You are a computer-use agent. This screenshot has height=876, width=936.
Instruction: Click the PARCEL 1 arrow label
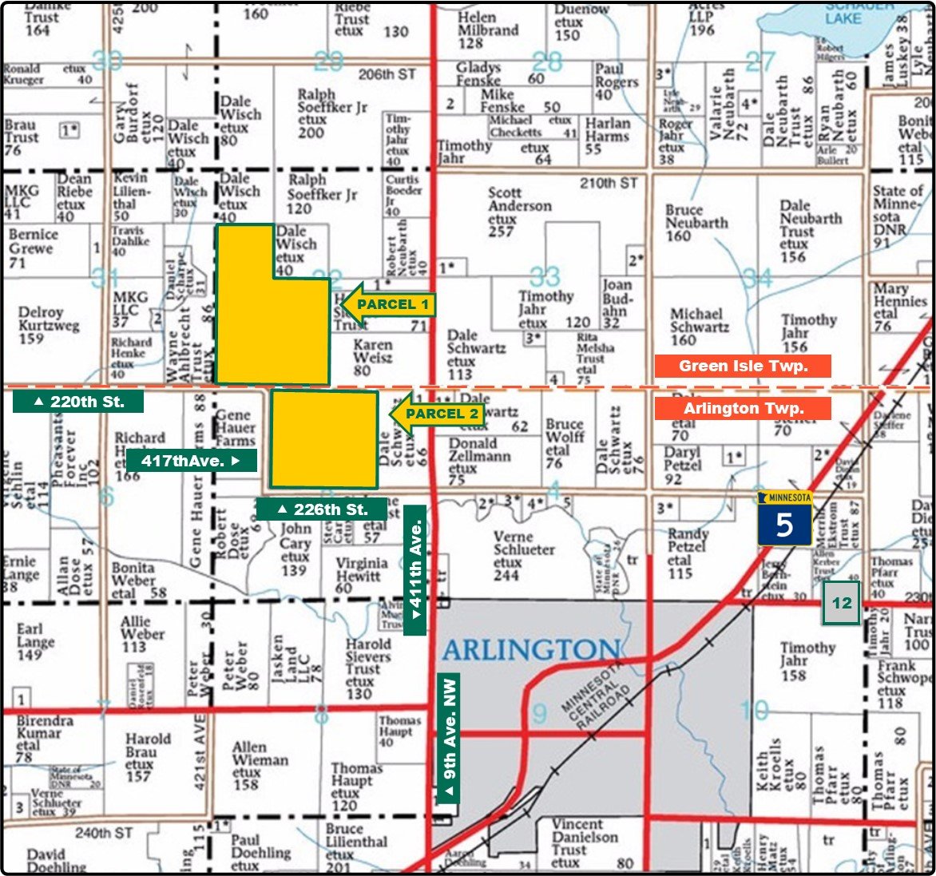(387, 304)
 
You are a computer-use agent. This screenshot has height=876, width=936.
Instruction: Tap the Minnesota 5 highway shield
(785, 519)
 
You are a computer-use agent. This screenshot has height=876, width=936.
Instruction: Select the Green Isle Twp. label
(742, 367)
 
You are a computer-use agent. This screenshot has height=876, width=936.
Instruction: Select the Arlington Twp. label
(742, 408)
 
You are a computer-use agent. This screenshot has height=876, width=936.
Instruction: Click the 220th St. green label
(78, 402)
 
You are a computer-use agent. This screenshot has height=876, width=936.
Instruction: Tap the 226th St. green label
(321, 509)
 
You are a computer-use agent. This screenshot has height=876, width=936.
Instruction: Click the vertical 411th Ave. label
(414, 570)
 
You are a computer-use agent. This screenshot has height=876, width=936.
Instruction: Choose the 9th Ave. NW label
(450, 739)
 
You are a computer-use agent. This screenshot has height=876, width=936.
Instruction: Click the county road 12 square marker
(842, 604)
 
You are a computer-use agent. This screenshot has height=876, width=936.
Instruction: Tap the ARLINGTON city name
(531, 650)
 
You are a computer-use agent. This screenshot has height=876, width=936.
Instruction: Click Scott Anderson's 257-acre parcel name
(520, 212)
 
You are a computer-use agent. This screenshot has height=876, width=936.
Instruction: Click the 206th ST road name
(387, 74)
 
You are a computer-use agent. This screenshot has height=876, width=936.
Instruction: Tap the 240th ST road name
(104, 833)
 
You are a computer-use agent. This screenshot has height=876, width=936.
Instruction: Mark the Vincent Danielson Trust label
(585, 843)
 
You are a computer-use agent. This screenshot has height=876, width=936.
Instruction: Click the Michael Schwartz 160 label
(699, 327)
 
